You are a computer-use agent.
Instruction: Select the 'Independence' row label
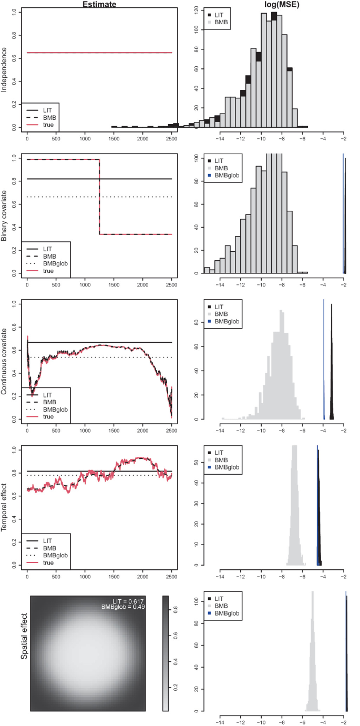tap(4, 70)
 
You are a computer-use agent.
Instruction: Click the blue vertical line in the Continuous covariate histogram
tap(324, 360)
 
